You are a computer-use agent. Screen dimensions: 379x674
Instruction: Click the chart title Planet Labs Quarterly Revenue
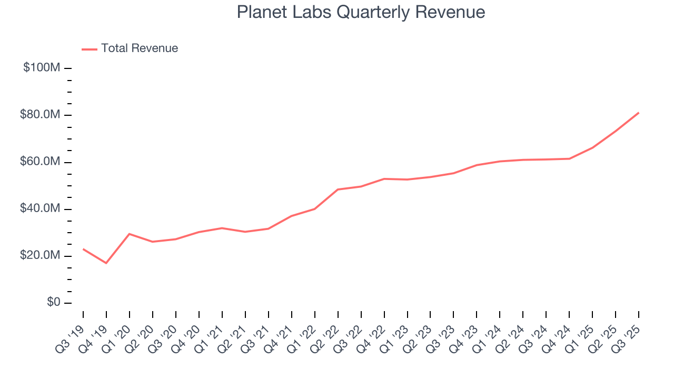361,12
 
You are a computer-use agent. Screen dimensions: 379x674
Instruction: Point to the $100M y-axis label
42,68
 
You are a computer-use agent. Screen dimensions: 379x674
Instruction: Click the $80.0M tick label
41,115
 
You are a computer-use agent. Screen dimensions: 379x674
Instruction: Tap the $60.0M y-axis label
41,162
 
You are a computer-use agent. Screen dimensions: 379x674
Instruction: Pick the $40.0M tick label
41,209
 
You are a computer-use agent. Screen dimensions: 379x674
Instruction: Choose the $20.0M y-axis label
41,256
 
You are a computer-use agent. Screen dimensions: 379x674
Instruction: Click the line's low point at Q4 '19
106,263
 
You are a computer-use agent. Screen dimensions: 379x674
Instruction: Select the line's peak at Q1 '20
130,234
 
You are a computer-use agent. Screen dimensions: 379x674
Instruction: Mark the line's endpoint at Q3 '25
638,113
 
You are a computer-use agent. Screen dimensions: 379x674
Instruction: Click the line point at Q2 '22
338,189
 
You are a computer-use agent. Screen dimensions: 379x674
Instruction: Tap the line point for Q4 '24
569,158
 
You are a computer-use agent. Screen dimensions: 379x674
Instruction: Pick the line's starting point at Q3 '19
83,249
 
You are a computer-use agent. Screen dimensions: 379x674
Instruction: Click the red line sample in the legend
90,49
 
